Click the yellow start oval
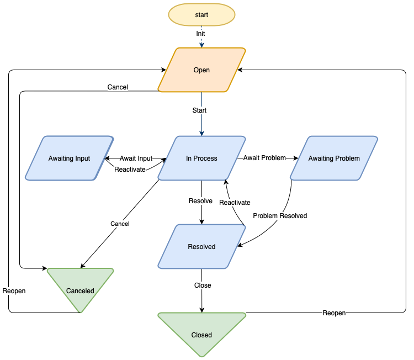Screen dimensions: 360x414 [x=201, y=15]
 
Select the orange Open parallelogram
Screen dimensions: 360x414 [x=201, y=70]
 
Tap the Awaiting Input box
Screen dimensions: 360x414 [x=69, y=158]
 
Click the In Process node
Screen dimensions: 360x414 [x=201, y=158]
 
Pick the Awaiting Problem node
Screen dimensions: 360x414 [x=334, y=158]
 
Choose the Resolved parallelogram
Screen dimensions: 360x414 [x=201, y=247]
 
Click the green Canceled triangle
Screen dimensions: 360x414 [x=80, y=287]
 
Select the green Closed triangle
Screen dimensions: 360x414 [x=201, y=331]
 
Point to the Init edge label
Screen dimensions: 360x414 [x=201, y=34]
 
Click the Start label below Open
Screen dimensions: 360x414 [x=199, y=110]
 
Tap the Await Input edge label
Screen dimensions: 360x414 [x=136, y=158]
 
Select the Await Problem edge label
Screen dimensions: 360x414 [x=264, y=158]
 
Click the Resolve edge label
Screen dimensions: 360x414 [x=200, y=201]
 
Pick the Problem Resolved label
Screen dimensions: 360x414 [x=280, y=216]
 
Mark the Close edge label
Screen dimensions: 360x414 [x=203, y=285]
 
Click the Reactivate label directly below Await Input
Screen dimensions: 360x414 [x=130, y=170]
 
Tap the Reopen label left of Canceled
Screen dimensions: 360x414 [x=14, y=291]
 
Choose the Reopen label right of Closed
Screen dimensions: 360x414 [x=334, y=313]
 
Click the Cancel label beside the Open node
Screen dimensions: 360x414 [x=118, y=87]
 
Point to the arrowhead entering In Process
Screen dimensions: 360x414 [x=201, y=133]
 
